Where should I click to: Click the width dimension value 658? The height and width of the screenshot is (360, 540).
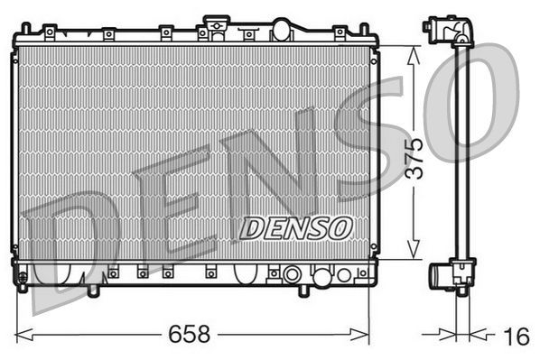[x=189, y=334]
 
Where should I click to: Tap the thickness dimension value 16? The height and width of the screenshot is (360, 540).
[x=515, y=336]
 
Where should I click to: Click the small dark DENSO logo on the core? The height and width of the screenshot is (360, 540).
[x=294, y=228]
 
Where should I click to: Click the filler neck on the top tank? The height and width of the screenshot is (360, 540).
[x=217, y=23]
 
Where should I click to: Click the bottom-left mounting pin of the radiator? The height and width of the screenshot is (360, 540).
[x=92, y=291]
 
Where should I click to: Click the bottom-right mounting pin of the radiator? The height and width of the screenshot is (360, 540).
[x=304, y=291]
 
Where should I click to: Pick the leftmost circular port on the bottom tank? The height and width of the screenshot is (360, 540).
[x=290, y=273]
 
